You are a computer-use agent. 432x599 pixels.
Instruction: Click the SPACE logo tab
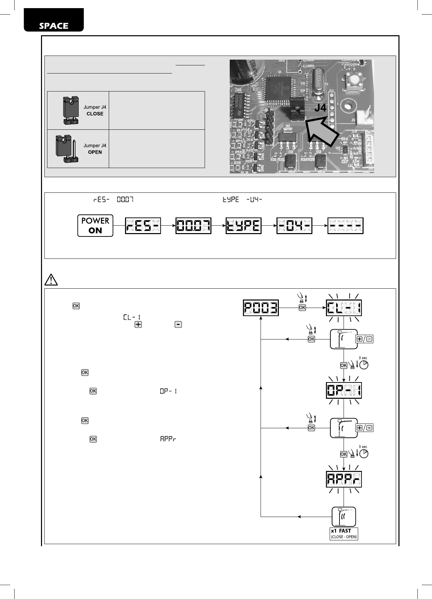point(54,20)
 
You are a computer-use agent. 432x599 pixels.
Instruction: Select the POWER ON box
point(95,226)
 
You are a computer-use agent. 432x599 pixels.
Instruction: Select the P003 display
point(261,308)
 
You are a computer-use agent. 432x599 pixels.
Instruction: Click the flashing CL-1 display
point(344,308)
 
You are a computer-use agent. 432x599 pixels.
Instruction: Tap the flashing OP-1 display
point(344,390)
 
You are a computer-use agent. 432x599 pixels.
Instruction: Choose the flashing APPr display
point(344,479)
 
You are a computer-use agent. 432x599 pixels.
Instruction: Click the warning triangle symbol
point(51,280)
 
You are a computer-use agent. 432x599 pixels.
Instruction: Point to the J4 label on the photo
point(320,108)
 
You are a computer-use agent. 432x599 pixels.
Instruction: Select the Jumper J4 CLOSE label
point(95,110)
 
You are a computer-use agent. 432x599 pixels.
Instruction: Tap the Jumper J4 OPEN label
point(95,149)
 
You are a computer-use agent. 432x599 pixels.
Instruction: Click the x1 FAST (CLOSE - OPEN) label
point(344,534)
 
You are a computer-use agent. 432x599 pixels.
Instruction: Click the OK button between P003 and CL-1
point(302,308)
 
